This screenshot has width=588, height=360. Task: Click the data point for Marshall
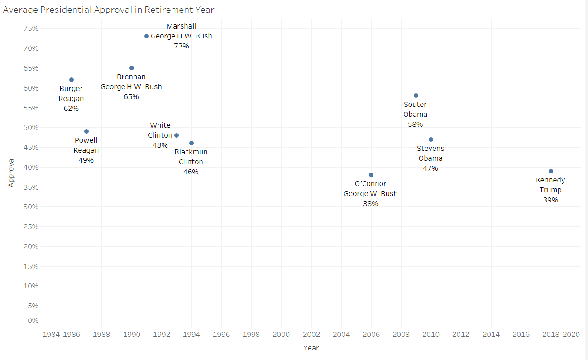click(x=147, y=36)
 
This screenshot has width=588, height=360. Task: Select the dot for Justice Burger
click(x=72, y=80)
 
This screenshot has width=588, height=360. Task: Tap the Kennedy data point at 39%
click(x=551, y=171)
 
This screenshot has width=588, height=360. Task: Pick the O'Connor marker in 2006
click(x=371, y=175)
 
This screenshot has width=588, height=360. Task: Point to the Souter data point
click(x=416, y=96)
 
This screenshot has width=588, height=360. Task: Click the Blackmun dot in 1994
click(x=191, y=143)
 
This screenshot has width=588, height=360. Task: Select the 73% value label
click(x=181, y=46)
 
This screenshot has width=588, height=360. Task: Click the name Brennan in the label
click(x=131, y=77)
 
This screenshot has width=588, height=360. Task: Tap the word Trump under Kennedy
click(x=550, y=190)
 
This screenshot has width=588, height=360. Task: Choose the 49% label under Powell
click(x=86, y=160)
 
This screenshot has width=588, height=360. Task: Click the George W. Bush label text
click(x=370, y=194)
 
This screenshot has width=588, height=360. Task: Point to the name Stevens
click(x=430, y=149)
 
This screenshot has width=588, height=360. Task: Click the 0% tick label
click(x=33, y=321)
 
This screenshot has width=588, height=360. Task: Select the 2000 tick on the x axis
click(x=281, y=335)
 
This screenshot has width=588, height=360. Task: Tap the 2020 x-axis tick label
click(x=571, y=335)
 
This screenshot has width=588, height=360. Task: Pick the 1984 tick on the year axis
click(x=51, y=335)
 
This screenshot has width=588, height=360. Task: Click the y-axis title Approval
click(x=11, y=172)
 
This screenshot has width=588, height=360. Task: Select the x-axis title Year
click(x=311, y=348)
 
